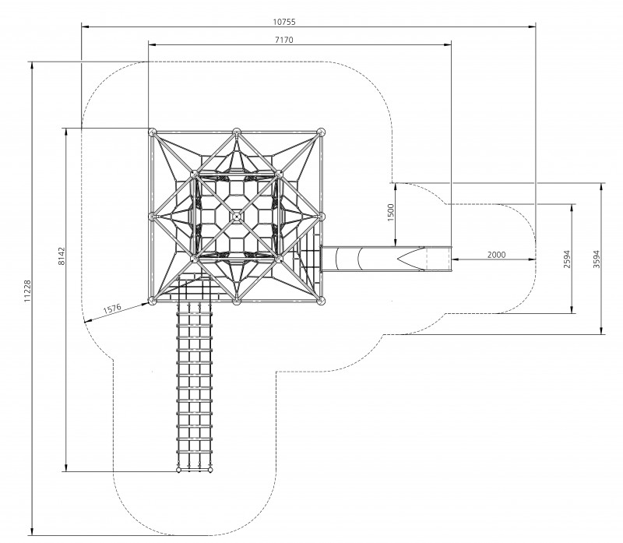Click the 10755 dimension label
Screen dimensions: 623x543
coord(284,22)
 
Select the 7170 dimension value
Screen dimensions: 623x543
coord(284,40)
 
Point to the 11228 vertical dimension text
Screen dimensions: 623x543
coord(27,291)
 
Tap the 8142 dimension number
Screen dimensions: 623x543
coord(62,256)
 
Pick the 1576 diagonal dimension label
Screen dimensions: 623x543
coord(112,309)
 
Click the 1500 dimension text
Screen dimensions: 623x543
coord(391,212)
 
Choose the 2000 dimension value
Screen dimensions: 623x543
coord(496,255)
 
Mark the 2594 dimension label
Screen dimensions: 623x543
coord(567,259)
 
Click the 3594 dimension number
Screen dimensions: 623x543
coord(597,259)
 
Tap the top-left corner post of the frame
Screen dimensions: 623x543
coord(152,132)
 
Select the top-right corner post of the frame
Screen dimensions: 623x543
coord(321,132)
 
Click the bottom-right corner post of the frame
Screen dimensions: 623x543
coord(321,301)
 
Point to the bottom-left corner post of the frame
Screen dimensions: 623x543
coord(152,301)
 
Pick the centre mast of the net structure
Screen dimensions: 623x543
coord(237,217)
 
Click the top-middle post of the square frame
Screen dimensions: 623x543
coord(237,132)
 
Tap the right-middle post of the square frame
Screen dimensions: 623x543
coord(321,217)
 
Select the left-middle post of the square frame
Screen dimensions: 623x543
coord(152,217)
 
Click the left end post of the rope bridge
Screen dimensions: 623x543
coord(178,471)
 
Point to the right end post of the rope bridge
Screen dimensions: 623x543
coord(210,471)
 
